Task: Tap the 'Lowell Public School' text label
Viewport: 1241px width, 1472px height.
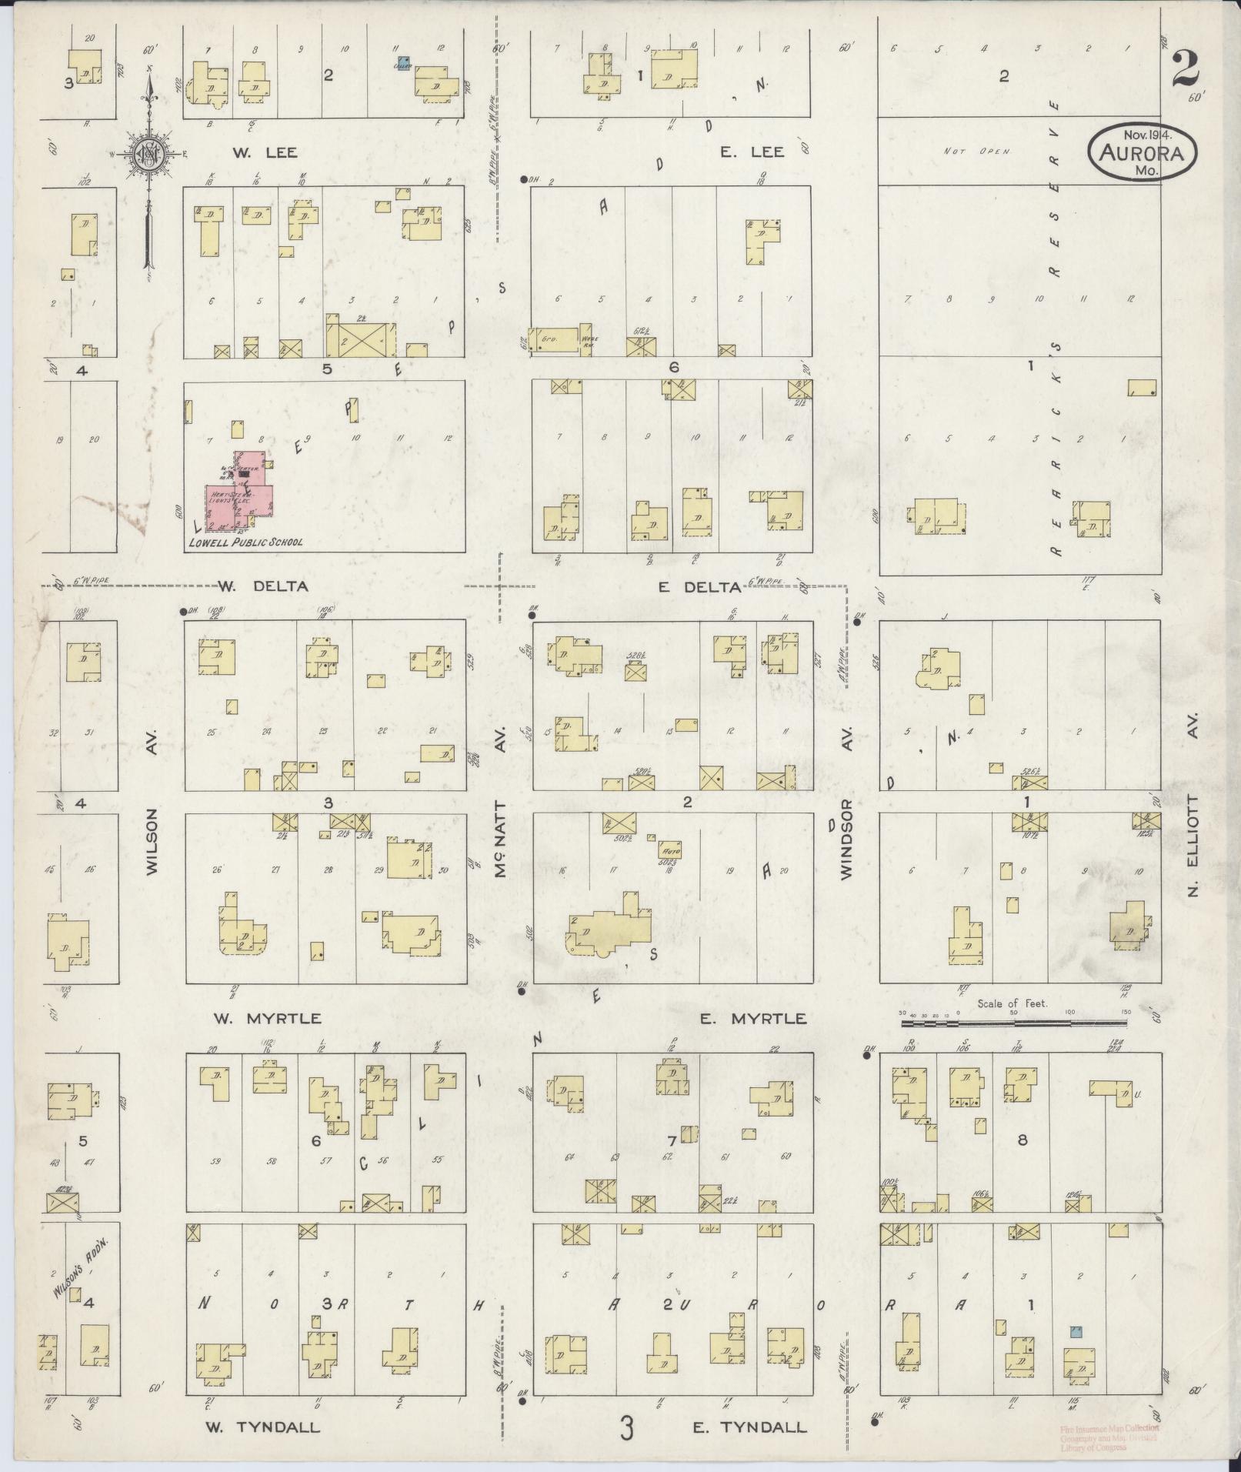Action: [245, 542]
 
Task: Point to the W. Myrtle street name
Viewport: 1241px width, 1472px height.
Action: [267, 1019]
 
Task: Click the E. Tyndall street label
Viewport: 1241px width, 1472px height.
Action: [750, 1428]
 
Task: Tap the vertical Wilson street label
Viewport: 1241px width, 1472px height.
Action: [152, 841]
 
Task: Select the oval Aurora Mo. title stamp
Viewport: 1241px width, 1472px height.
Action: [1142, 152]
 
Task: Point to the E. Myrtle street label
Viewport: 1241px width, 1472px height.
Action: [754, 1019]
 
